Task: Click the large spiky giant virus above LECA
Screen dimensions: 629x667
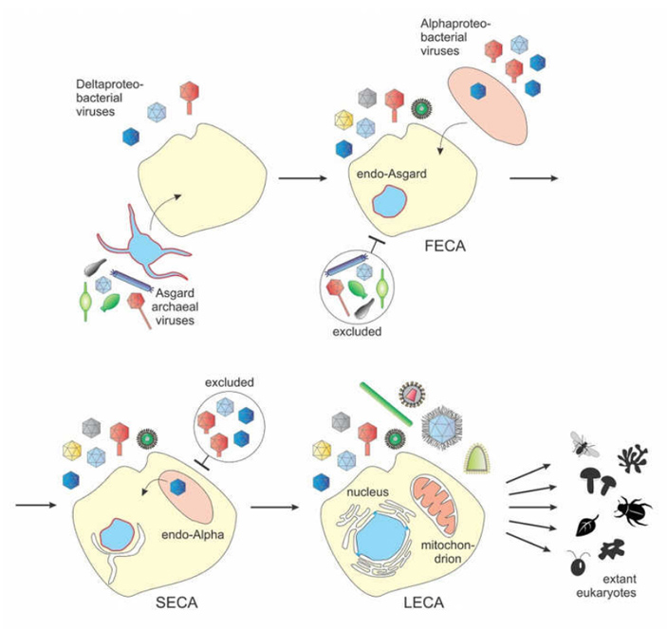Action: tap(438, 421)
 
